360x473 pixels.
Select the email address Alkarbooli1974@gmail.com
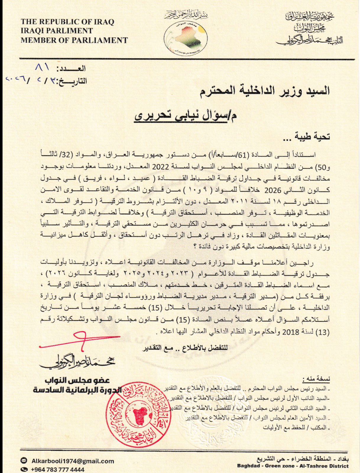point(72,461)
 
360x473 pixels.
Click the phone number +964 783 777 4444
point(57,469)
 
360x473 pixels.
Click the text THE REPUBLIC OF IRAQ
point(67,22)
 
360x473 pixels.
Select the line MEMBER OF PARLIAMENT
point(74,40)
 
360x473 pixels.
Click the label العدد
point(72,69)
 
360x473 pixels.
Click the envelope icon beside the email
point(24,461)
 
